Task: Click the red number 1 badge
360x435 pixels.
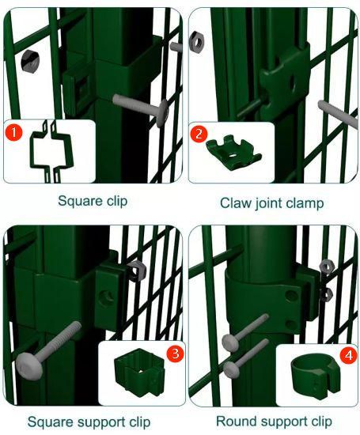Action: click(13, 132)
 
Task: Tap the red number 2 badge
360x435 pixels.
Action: click(199, 134)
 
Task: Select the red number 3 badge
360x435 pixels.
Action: click(175, 354)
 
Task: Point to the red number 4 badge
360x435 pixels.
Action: click(348, 355)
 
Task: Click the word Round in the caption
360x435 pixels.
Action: click(236, 421)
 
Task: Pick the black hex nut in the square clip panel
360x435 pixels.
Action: click(30, 62)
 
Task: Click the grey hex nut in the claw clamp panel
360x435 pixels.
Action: click(196, 42)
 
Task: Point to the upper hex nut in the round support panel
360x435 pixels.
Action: click(327, 267)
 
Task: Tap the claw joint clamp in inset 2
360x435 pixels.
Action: click(233, 153)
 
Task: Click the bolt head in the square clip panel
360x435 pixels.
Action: click(162, 112)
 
